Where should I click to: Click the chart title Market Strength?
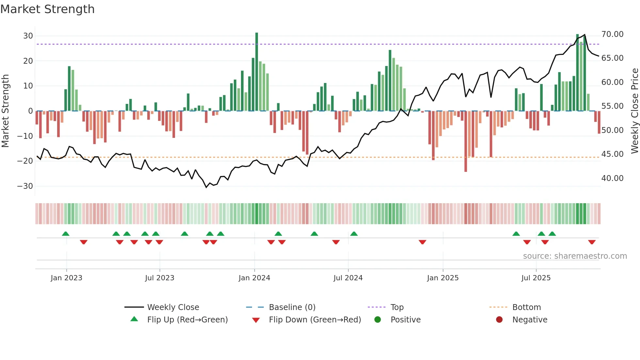(x=47, y=9)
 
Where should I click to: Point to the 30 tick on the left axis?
(x=28, y=36)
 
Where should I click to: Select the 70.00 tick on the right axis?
(x=612, y=34)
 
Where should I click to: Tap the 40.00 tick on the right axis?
(x=612, y=178)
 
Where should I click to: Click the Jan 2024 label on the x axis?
(x=254, y=278)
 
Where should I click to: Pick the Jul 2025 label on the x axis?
(x=536, y=278)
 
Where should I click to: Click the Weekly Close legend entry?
(x=173, y=307)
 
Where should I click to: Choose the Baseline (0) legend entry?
(x=292, y=307)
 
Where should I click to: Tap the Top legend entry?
(x=397, y=307)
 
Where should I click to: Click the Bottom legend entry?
(x=526, y=307)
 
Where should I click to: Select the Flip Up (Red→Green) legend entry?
(x=187, y=320)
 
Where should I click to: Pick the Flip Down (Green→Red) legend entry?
(x=315, y=320)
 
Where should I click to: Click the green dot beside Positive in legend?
(x=377, y=320)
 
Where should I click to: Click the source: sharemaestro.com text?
(x=575, y=256)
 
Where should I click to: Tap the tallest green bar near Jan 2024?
(x=257, y=72)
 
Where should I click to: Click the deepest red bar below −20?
(x=466, y=141)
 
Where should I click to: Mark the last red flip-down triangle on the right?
(x=592, y=242)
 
